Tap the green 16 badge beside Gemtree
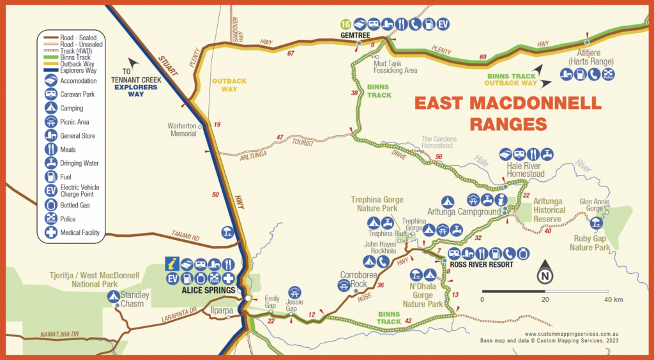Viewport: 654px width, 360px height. (346, 24)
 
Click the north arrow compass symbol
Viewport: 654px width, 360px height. (544, 273)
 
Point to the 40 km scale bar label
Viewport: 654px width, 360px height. (614, 299)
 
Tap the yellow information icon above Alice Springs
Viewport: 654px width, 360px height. (171, 263)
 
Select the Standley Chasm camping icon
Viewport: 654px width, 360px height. (113, 296)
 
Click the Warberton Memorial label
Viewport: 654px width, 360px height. (183, 130)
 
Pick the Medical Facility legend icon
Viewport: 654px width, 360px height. (51, 232)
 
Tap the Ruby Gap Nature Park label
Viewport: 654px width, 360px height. (590, 243)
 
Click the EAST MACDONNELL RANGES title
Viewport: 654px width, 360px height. (507, 112)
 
